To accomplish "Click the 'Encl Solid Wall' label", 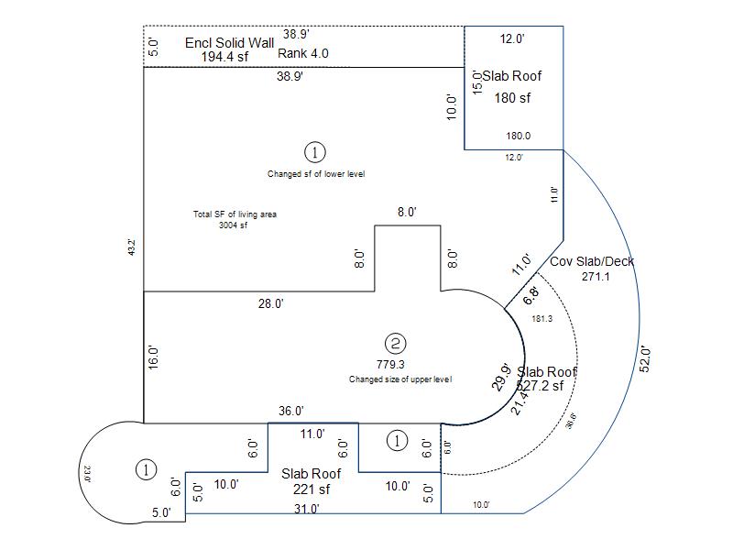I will [x=229, y=42].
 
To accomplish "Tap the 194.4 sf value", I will [x=224, y=56].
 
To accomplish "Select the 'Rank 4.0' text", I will [x=303, y=53].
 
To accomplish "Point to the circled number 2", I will [x=396, y=344].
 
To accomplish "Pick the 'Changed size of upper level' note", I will [x=399, y=379].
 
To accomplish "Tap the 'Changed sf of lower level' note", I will [x=316, y=173].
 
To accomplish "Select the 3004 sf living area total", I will [x=233, y=225].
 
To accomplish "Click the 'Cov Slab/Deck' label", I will [x=592, y=261].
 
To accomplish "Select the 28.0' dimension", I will [x=270, y=303].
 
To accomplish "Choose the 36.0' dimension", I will [x=291, y=411].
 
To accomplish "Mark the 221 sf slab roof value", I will [x=311, y=489].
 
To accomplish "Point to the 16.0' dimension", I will [x=154, y=357].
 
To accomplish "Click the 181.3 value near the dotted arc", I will [x=542, y=318].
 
